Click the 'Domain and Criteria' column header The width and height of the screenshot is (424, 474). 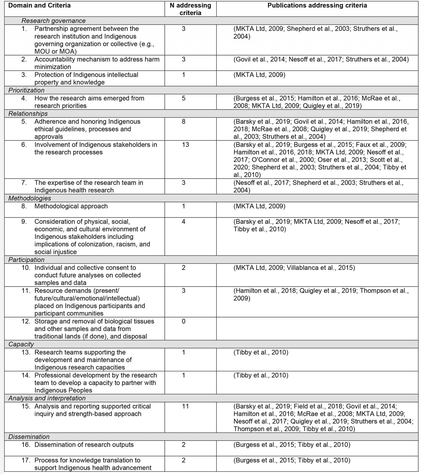click(39, 6)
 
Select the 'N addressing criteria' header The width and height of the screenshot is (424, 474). click(190, 9)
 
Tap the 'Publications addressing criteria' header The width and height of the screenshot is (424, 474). click(317, 6)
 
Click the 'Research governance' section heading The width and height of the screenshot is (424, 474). click(54, 21)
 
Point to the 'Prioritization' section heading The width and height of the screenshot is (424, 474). click(26, 90)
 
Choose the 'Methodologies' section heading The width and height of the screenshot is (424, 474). click(30, 198)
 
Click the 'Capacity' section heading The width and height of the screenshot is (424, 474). click(21, 344)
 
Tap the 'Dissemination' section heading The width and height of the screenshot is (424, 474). click(29, 437)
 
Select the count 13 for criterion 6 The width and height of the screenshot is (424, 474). click(185, 145)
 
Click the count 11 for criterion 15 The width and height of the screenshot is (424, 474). click(185, 406)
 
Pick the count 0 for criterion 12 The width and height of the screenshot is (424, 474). click(184, 321)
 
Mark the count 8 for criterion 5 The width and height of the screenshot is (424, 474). click(184, 122)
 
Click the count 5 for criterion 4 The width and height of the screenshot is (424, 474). click(184, 98)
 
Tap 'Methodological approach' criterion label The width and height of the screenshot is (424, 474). click(71, 206)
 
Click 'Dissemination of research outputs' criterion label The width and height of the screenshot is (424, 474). click(84, 445)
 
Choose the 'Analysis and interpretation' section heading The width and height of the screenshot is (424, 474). click(47, 398)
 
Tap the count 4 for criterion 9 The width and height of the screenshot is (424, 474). click(184, 222)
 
